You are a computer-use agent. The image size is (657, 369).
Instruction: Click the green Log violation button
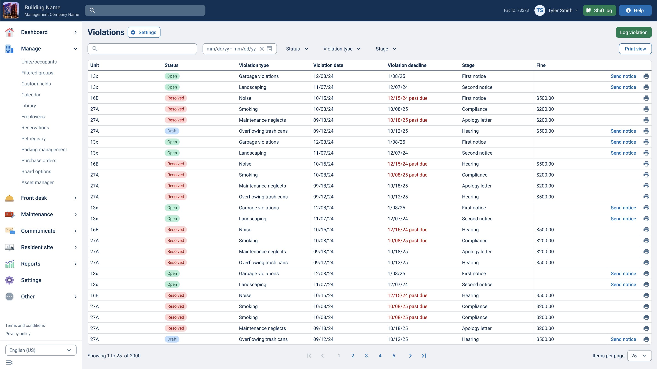point(633,32)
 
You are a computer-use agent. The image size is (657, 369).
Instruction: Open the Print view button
point(635,49)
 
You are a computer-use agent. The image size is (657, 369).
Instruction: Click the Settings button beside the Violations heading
point(144,32)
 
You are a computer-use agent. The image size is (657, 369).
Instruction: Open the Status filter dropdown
point(297,49)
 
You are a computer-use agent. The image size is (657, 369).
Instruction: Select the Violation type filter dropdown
point(342,49)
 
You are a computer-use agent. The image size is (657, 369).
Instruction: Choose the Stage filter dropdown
point(386,49)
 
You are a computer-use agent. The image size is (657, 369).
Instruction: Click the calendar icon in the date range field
point(269,49)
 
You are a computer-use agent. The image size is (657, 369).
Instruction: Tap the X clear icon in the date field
point(262,49)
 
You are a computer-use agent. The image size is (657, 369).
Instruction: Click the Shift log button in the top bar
point(599,11)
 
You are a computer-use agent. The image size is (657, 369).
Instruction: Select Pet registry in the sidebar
point(33,139)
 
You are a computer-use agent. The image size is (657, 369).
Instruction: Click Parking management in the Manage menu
point(44,150)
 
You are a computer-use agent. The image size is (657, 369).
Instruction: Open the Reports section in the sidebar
point(31,264)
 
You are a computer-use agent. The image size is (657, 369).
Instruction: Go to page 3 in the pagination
point(366,356)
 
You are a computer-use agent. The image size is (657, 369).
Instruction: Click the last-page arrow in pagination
point(424,356)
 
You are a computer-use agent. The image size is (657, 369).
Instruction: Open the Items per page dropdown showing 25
point(639,356)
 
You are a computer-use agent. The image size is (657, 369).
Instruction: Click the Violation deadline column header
point(407,65)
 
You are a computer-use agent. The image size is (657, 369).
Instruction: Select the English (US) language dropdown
point(41,350)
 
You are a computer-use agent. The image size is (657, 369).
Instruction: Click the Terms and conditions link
point(25,325)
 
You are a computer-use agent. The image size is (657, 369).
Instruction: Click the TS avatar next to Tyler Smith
point(540,11)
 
